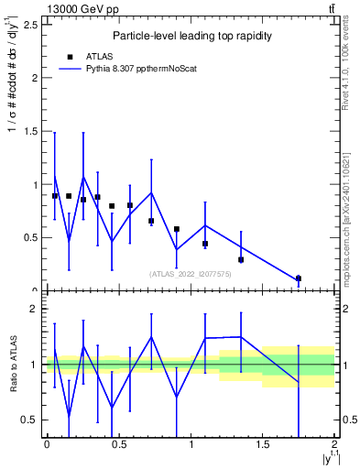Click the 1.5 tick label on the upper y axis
[x=27, y=131]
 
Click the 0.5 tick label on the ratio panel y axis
[x=27, y=420]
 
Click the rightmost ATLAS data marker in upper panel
[x=299, y=278]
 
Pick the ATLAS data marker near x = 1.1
[x=205, y=244]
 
